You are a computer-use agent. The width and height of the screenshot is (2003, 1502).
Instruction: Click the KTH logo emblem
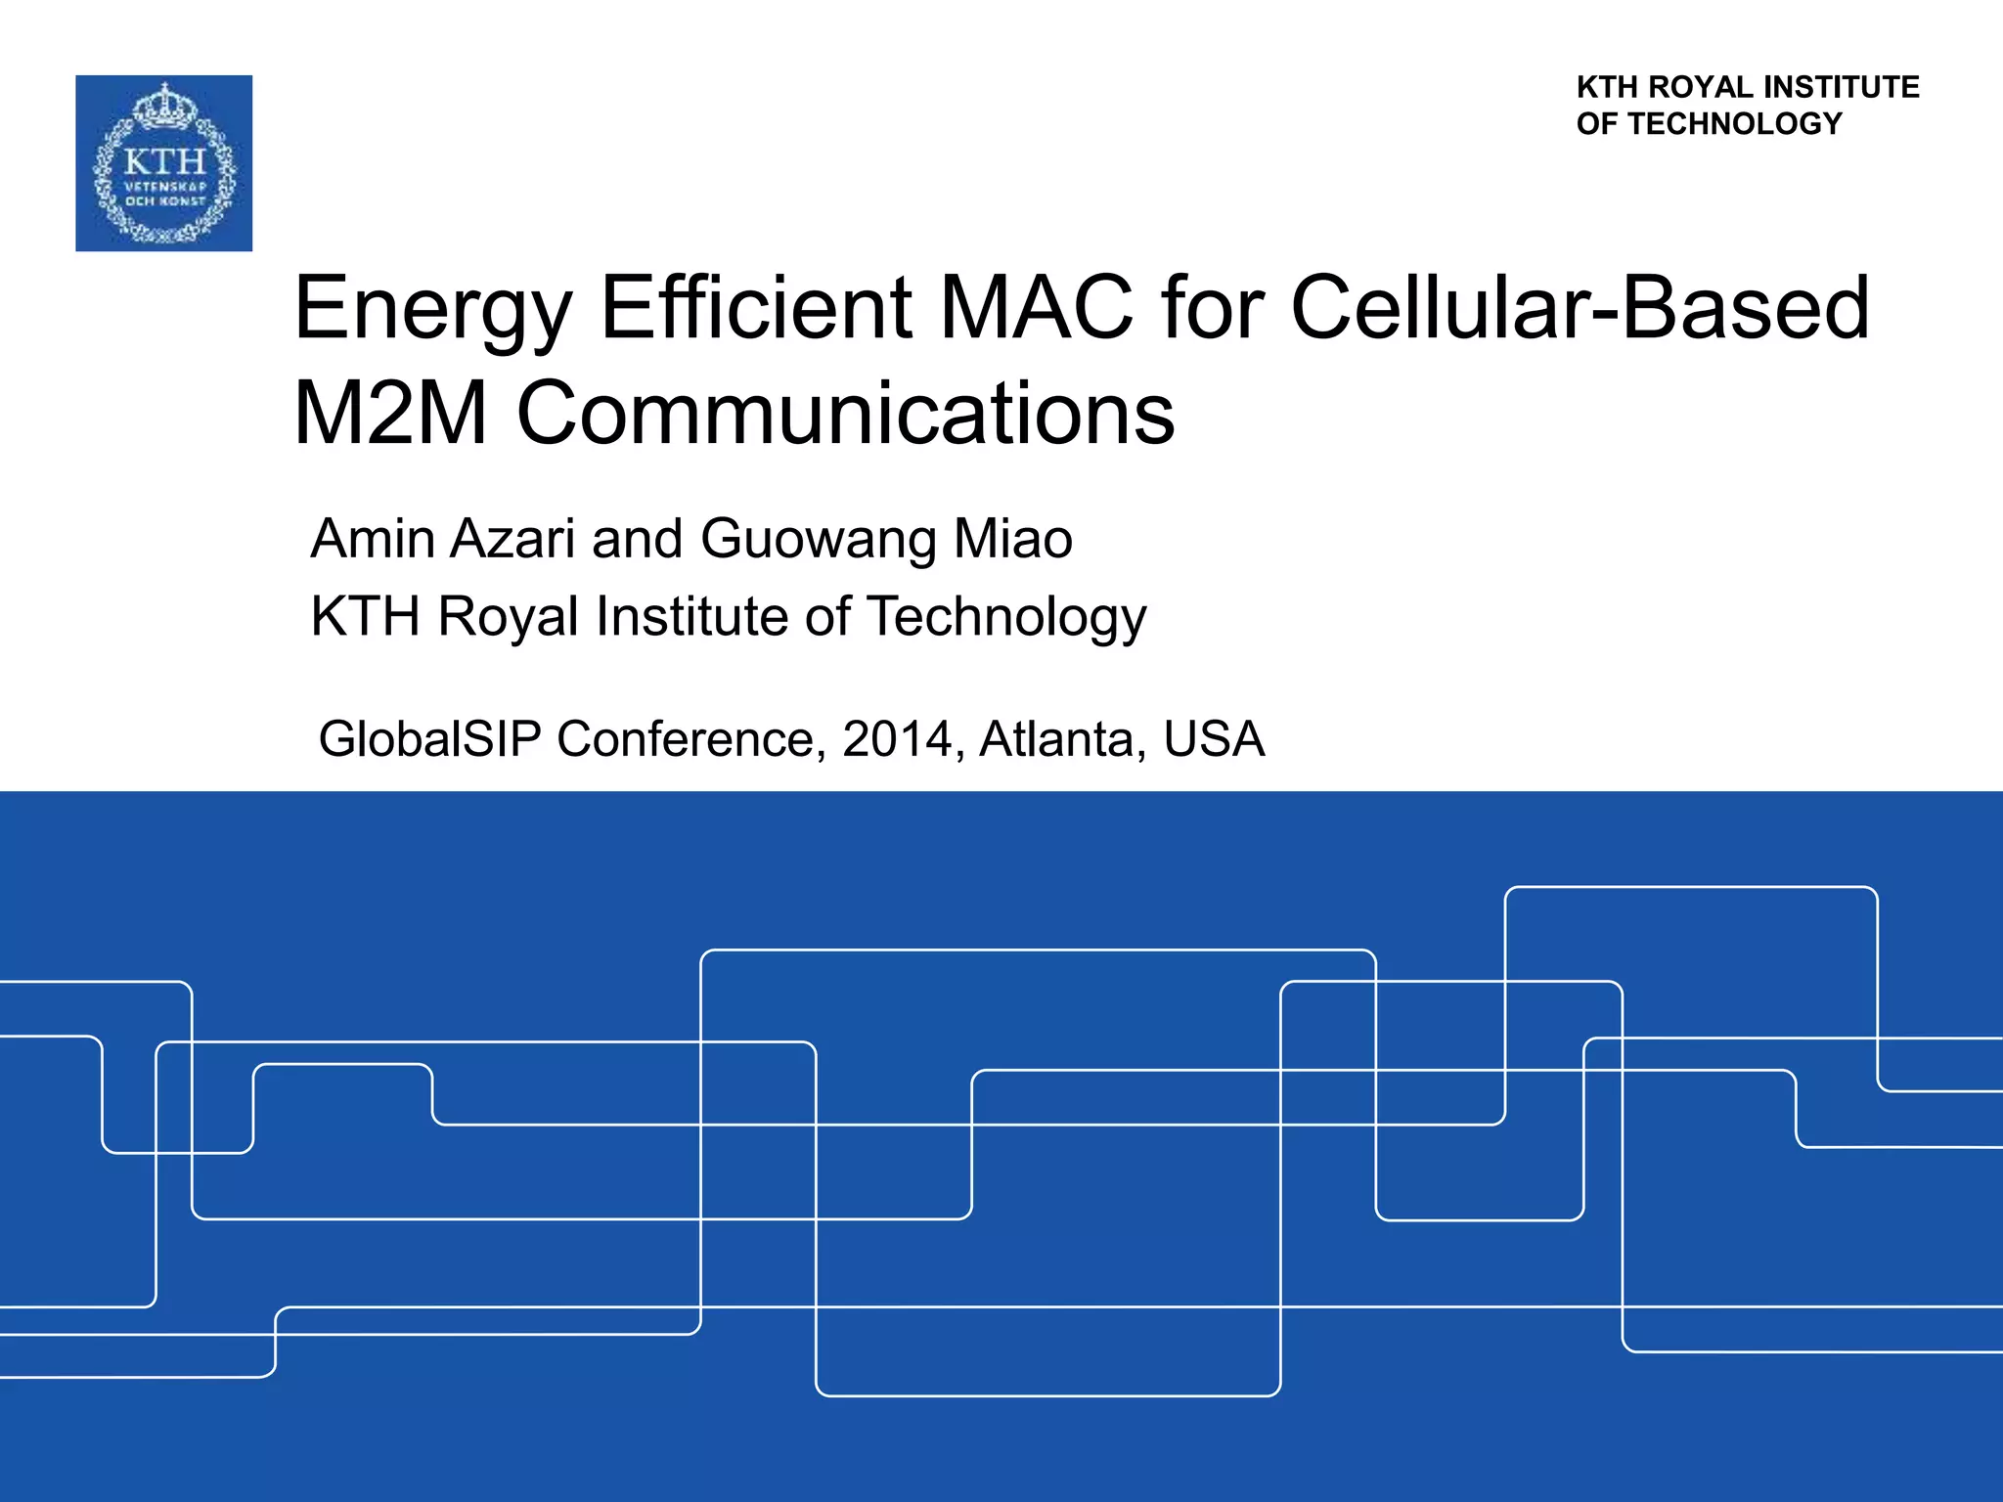(164, 163)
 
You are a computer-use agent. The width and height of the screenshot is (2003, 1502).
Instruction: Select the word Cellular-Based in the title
(1580, 308)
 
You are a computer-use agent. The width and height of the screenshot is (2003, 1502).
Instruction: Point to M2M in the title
(391, 414)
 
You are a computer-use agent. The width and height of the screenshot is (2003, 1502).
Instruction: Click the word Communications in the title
(845, 414)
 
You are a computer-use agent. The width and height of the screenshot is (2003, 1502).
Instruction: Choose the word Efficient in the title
(756, 308)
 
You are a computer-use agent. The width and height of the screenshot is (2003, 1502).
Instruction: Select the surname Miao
(1013, 539)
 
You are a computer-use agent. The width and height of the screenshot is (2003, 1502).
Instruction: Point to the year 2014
(897, 738)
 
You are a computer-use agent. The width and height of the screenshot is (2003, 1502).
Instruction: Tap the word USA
(1214, 738)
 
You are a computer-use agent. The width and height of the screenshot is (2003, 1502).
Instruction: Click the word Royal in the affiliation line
(509, 618)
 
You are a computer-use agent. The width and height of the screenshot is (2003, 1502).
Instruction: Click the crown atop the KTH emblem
(164, 106)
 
